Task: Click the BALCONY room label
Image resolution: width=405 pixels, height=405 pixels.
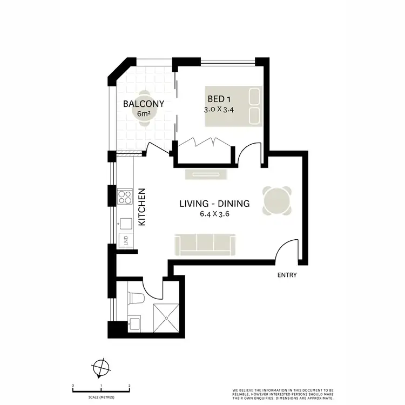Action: coord(143,104)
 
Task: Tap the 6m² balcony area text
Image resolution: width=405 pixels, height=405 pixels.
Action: coord(143,114)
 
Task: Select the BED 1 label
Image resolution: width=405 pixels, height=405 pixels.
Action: coord(219,99)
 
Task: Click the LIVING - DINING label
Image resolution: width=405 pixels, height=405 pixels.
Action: coord(214,204)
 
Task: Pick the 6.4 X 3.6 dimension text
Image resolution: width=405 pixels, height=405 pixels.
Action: coord(214,214)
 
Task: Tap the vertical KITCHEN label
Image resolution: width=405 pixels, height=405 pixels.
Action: coord(143,207)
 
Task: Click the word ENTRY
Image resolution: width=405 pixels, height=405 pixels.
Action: coord(287,275)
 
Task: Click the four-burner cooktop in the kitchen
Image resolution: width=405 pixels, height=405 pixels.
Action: coord(125,197)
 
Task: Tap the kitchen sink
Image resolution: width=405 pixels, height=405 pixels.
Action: coord(125,223)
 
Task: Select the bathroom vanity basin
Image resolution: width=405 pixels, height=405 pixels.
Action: coord(134,325)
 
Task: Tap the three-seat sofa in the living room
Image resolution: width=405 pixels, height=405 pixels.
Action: coord(204,244)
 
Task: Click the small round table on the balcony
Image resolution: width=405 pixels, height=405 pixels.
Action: coord(144,108)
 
